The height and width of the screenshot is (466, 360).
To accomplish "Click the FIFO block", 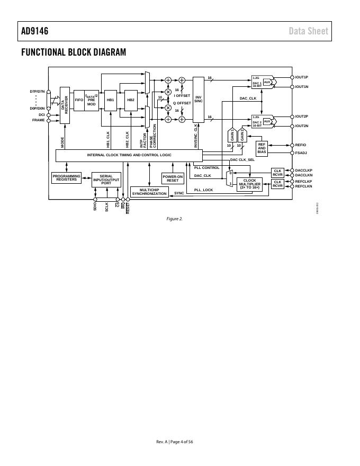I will point(79,100).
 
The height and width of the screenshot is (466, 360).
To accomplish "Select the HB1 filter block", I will point(111,100).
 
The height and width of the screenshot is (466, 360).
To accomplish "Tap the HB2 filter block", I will point(130,100).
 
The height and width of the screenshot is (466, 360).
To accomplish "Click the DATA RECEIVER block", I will point(65,105).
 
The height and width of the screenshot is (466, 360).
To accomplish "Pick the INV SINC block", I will point(199,99).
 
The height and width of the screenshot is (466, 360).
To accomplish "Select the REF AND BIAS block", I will point(262,148).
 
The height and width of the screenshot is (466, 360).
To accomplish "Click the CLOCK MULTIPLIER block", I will point(249,184).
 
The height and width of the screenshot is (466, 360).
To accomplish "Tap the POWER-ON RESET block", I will point(173,178).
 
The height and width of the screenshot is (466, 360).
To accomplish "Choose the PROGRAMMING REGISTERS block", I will point(67,178).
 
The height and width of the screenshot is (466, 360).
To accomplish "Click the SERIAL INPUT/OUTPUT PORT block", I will point(106,180).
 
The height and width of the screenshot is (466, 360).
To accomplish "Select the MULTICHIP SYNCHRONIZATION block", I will point(149,192).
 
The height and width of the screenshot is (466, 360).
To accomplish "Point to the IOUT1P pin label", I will point(302,77).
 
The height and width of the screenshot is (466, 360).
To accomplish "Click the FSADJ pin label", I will point(301,153).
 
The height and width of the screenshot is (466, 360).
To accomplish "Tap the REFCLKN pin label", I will point(304,186).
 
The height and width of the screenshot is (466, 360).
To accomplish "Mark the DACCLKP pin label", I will point(304,171).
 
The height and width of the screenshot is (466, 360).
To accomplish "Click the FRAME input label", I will point(39,120).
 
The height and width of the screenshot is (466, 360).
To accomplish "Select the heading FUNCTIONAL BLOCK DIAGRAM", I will point(74,52).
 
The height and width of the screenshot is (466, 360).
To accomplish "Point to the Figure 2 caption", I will point(174,219).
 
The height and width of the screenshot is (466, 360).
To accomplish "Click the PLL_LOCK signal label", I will point(204,190).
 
